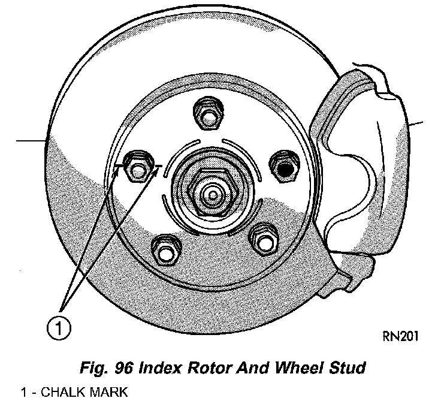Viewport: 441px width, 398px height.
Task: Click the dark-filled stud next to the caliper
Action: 283,166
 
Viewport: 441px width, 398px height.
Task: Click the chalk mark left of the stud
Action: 118,164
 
